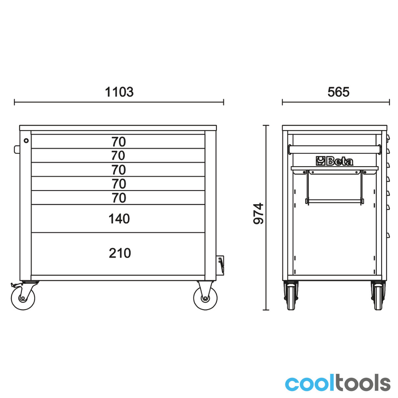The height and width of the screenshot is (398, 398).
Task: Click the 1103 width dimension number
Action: coord(119,92)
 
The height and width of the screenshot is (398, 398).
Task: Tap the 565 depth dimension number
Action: coord(338,92)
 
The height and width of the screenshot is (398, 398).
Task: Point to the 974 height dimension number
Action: coord(258,213)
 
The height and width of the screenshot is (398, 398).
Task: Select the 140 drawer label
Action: coord(119,219)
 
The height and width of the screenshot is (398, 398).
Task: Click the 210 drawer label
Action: coord(120,253)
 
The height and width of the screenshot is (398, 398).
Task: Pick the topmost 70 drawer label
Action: coord(119,142)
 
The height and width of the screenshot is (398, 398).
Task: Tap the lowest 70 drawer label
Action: coord(119,198)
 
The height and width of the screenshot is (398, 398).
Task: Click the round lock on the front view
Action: coord(26,141)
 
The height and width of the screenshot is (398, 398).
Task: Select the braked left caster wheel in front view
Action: coord(23,298)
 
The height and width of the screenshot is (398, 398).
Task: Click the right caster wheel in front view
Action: coord(205,298)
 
